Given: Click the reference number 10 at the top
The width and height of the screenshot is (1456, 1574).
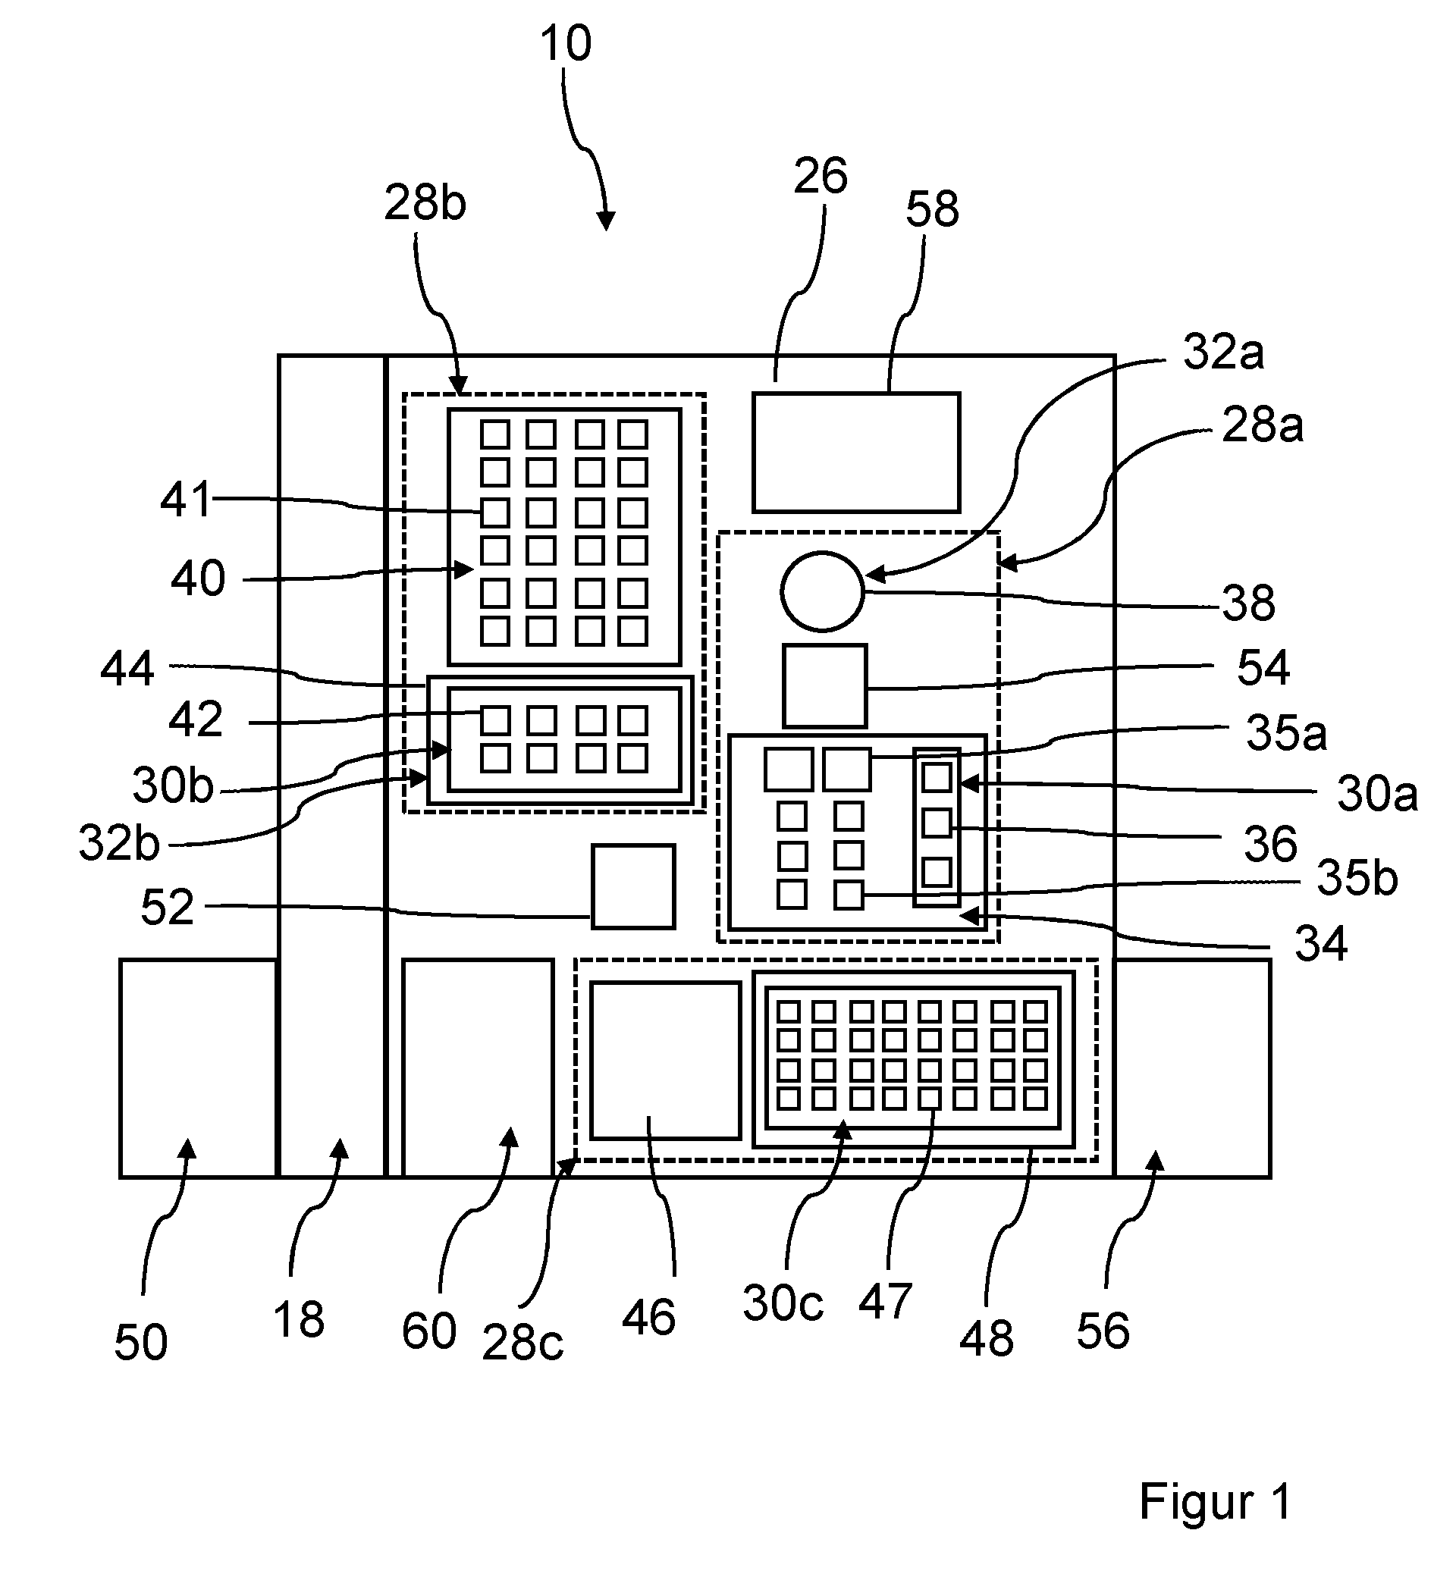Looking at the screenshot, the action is pyautogui.click(x=566, y=43).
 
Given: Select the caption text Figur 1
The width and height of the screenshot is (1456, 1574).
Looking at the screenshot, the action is pyautogui.click(x=1215, y=1500).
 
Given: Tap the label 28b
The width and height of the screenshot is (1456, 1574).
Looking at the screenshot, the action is pyautogui.click(x=425, y=202).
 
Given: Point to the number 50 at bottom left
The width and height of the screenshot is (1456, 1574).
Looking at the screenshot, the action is pyautogui.click(x=141, y=1343).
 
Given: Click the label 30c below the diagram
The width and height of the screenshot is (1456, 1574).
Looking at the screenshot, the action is pyautogui.click(x=783, y=1303).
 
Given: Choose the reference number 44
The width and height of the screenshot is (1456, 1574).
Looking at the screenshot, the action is pyautogui.click(x=127, y=669).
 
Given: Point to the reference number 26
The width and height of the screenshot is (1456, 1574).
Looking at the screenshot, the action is pyautogui.click(x=821, y=175).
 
